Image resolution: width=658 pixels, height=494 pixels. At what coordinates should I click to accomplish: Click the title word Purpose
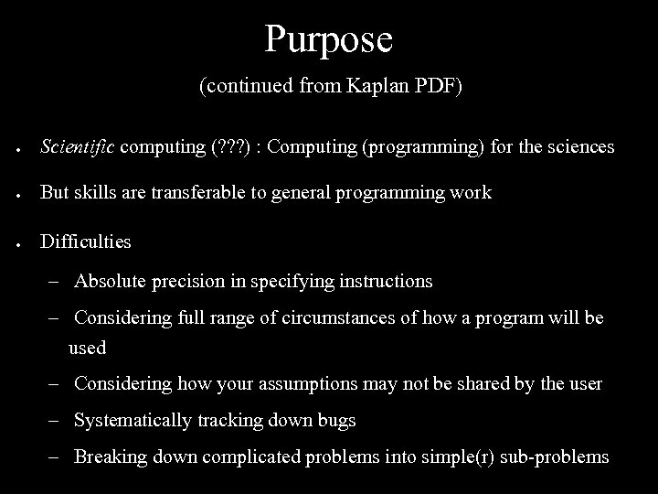pos(329,39)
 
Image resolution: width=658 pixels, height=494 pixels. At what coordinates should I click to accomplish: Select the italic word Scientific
pos(78,146)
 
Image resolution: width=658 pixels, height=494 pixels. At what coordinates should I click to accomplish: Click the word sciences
pos(578,146)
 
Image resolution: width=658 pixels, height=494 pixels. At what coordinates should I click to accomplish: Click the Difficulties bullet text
pos(86,242)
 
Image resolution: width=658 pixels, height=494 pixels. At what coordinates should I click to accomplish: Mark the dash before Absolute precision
pos(58,282)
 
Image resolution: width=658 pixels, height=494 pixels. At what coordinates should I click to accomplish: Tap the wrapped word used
pos(88,348)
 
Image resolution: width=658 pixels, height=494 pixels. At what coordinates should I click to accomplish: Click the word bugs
pos(337,421)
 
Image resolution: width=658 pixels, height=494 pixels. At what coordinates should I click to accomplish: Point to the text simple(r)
pos(472,457)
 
